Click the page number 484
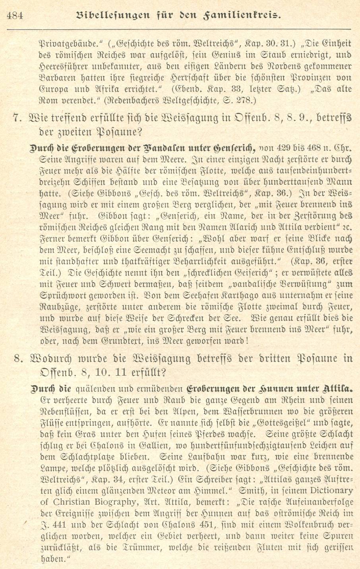(15, 15)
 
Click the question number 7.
(16, 118)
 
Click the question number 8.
(16, 359)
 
